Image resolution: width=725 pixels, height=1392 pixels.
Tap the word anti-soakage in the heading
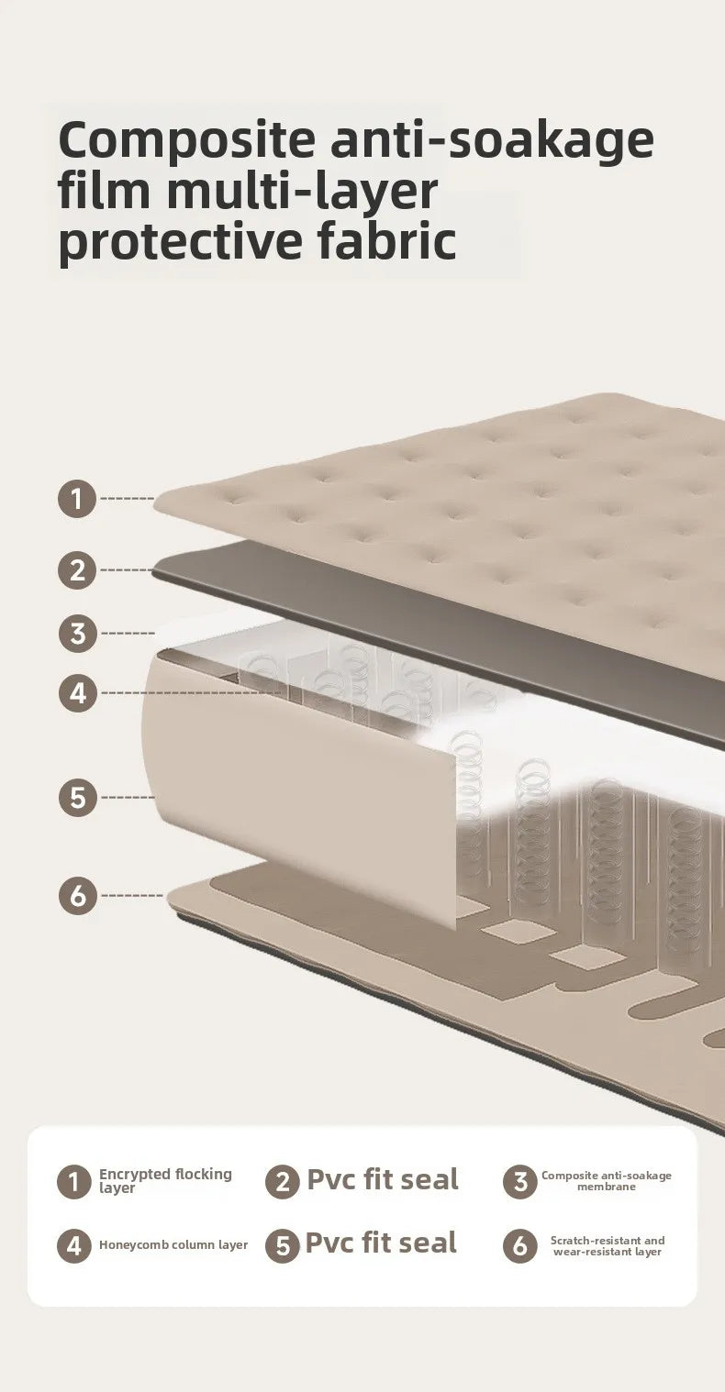click(x=492, y=142)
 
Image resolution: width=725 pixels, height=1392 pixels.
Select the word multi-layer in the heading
click(x=302, y=192)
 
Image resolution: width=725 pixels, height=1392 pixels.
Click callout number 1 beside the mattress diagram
click(x=77, y=498)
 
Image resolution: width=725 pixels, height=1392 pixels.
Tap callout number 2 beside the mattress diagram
click(x=77, y=569)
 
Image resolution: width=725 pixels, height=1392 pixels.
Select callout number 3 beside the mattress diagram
click(x=78, y=634)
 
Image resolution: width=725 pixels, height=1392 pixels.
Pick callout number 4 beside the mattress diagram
click(x=78, y=692)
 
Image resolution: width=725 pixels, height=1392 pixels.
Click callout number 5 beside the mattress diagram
click(x=78, y=797)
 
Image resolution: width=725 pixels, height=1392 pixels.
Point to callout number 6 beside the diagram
click(x=78, y=896)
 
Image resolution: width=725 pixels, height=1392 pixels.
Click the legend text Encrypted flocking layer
click(x=165, y=1181)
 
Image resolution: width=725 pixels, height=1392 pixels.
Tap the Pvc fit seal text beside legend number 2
click(x=383, y=1179)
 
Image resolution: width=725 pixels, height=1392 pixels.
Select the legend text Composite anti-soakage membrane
click(x=607, y=1181)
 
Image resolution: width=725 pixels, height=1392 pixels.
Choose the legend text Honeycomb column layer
click(x=173, y=1244)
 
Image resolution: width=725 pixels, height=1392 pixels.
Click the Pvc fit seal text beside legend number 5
click(x=381, y=1243)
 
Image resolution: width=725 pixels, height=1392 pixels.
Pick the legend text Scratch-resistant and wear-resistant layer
click(x=607, y=1245)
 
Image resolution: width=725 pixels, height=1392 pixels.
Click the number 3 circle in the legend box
click(x=519, y=1181)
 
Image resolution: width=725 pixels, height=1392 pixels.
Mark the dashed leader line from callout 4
click(x=190, y=692)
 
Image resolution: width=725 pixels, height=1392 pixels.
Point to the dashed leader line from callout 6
click(x=132, y=896)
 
